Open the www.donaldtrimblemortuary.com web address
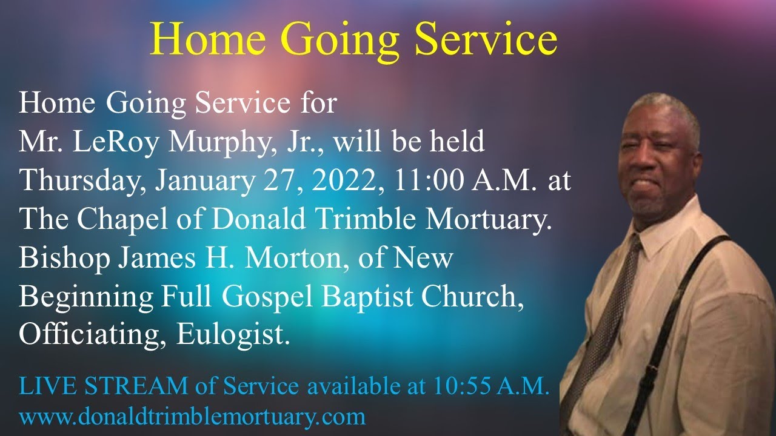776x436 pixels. [x=193, y=417]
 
